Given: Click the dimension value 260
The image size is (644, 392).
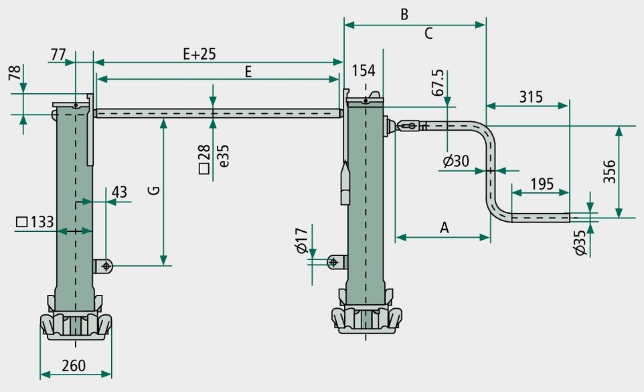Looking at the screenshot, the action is [74, 365].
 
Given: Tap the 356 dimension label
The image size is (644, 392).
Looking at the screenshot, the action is [610, 172].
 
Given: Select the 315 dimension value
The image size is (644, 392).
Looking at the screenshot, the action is [531, 97].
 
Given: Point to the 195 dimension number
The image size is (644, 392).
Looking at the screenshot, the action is [542, 184].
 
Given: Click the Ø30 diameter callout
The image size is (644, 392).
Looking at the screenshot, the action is [456, 161].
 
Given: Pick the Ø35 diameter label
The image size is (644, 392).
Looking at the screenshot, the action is [580, 243].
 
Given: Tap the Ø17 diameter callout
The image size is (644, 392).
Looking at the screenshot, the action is [301, 241].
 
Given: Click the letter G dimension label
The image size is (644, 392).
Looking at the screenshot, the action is [153, 190].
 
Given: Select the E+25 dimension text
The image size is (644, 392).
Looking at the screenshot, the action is [199, 54].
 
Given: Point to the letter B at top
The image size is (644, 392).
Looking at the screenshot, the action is [404, 14].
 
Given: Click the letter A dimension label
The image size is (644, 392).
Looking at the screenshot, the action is [445, 227].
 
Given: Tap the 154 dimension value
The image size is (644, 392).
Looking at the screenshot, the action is [364, 70].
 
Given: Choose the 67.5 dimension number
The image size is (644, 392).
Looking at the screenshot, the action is [438, 82].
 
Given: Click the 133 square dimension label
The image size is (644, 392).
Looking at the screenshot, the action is [35, 222].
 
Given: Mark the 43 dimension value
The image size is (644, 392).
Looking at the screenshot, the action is [120, 192].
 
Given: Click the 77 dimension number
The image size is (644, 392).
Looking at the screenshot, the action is [58, 54].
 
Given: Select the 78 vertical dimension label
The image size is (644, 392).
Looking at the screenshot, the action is [15, 73].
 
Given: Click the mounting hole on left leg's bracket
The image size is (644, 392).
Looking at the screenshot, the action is [106, 267].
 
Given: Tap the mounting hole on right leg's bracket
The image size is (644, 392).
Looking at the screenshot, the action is [333, 262].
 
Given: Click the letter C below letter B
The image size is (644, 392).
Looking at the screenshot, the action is [428, 34].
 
